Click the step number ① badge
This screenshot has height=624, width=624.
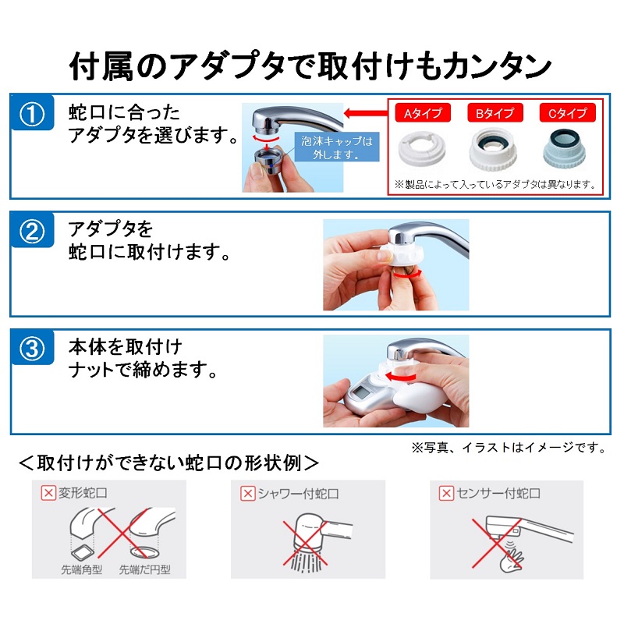pos(32,113)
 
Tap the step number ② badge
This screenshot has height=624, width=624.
pos(32,231)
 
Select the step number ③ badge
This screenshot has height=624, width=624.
pos(32,348)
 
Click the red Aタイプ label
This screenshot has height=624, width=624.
pos(423,113)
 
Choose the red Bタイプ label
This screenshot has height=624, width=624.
pos(495,113)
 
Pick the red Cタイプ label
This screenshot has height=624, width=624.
pos(567,113)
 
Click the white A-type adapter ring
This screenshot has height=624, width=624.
pos(422,149)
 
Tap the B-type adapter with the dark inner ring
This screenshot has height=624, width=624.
pos(494,149)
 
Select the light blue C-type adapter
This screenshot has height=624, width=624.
pos(565,148)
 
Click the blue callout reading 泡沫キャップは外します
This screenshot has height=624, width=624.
pos(337,147)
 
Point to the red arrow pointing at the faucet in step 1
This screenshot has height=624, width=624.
pos(366,113)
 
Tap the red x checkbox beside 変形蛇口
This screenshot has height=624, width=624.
pos(48,494)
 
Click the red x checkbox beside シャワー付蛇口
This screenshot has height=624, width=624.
pos(247,494)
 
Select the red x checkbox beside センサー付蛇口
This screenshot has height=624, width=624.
pos(446,494)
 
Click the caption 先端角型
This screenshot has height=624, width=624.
pos(82,569)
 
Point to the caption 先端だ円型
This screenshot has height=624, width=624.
pos(145,569)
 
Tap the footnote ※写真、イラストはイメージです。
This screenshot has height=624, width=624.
pos(509,448)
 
